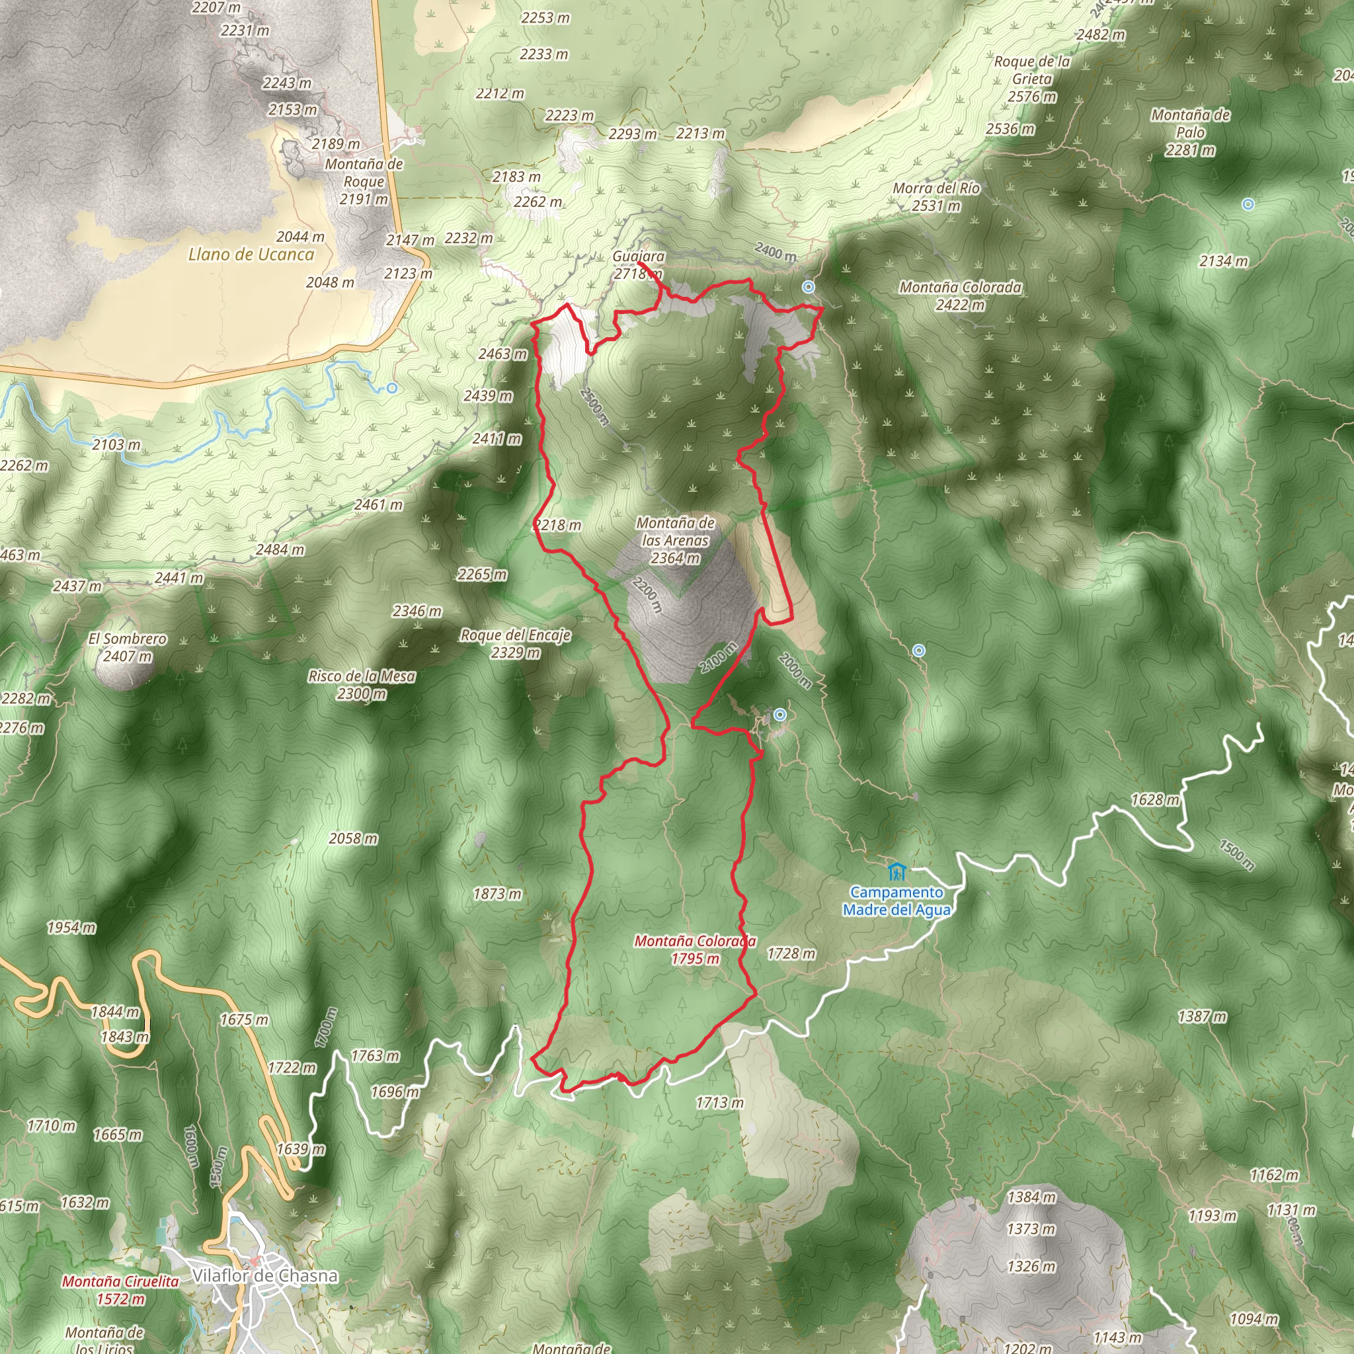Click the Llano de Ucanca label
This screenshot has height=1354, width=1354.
coord(251,255)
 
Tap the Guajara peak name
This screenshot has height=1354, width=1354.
coord(638,257)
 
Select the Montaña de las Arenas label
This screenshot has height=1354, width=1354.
coord(675,540)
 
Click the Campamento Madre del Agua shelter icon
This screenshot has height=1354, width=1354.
coord(896,873)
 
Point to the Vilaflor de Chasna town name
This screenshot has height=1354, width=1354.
coord(265,1275)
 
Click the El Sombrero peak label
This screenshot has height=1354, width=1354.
coord(128,639)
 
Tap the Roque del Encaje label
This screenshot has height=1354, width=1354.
coord(515,635)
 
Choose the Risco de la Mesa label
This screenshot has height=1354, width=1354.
coord(362,676)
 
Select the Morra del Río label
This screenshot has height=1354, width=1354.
coord(936,188)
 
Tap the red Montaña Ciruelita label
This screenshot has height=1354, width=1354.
coord(120,1282)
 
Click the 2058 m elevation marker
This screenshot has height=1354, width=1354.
coord(353,838)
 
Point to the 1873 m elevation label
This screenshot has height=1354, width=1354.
coord(497,894)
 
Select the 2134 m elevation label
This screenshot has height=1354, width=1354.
coord(1224,261)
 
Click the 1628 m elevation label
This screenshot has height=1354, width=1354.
coord(1155,800)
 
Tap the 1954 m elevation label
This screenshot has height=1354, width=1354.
coord(71,927)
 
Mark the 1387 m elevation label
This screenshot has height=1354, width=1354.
coord(1202,1016)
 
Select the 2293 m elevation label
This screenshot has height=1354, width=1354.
coord(632,134)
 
